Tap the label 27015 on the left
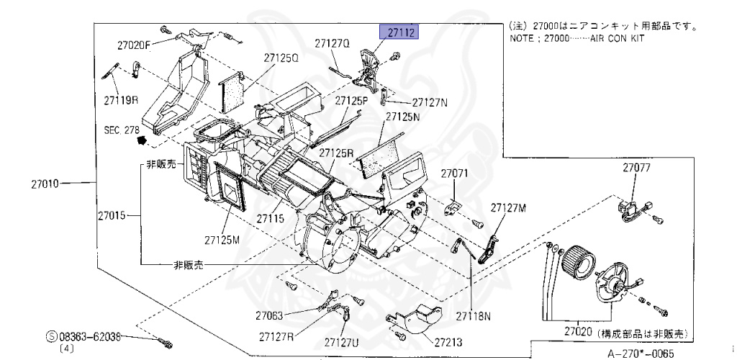click(x=113, y=215)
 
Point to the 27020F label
click(x=134, y=45)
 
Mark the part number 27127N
click(x=430, y=103)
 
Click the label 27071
click(x=455, y=174)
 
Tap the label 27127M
click(x=509, y=208)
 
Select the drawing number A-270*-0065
click(x=641, y=354)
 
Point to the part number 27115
click(x=273, y=217)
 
